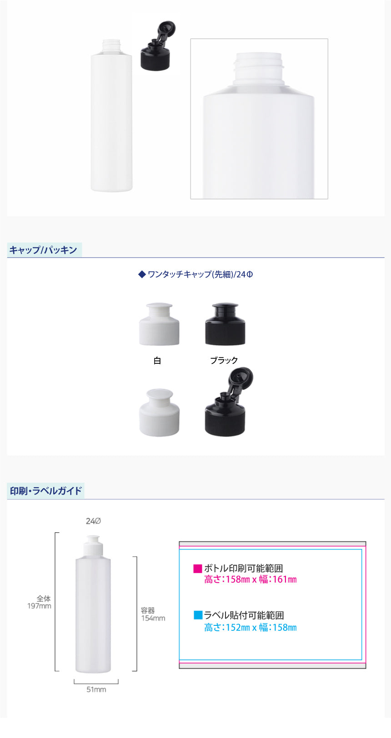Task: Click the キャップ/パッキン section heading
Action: point(43,250)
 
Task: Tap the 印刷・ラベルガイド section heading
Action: point(45,491)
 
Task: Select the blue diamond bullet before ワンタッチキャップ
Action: point(142,274)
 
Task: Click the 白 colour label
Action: point(157,361)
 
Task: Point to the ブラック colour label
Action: point(224,361)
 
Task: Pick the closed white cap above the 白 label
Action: point(159,324)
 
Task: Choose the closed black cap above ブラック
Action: point(225,324)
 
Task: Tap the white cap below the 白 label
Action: point(159,412)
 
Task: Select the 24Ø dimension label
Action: point(93,521)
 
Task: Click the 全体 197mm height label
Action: point(39,602)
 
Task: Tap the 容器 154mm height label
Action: point(153,614)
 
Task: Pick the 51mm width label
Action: point(96,689)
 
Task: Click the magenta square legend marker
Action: point(198,568)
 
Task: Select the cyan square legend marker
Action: point(198,615)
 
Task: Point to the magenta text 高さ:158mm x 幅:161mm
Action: point(251,579)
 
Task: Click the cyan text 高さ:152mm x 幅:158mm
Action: point(251,627)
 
